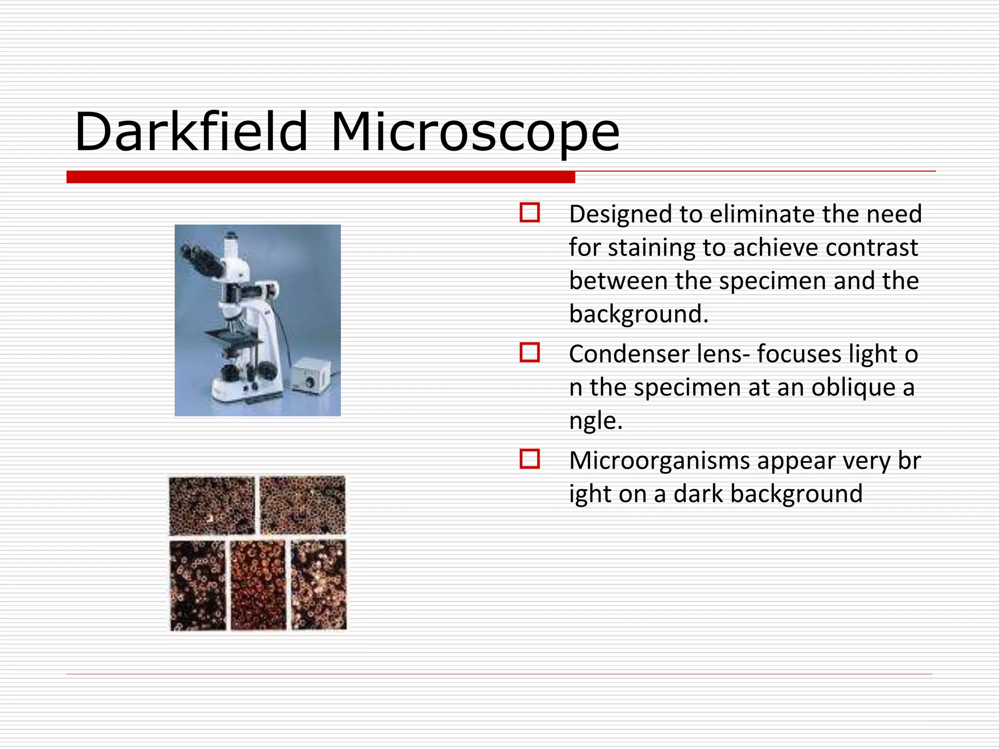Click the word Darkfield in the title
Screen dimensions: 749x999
tap(191, 132)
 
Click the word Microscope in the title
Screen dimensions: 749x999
tap(475, 133)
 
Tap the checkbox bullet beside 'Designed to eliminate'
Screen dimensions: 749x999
tap(530, 213)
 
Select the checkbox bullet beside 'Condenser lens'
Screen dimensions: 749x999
tap(530, 352)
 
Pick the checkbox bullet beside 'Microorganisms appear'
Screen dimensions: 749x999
tap(530, 459)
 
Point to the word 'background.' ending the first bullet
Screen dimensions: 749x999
tap(639, 314)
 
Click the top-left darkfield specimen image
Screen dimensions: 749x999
tap(212, 506)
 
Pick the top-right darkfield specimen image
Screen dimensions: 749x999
tap(302, 505)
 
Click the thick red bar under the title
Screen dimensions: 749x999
tap(320, 177)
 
